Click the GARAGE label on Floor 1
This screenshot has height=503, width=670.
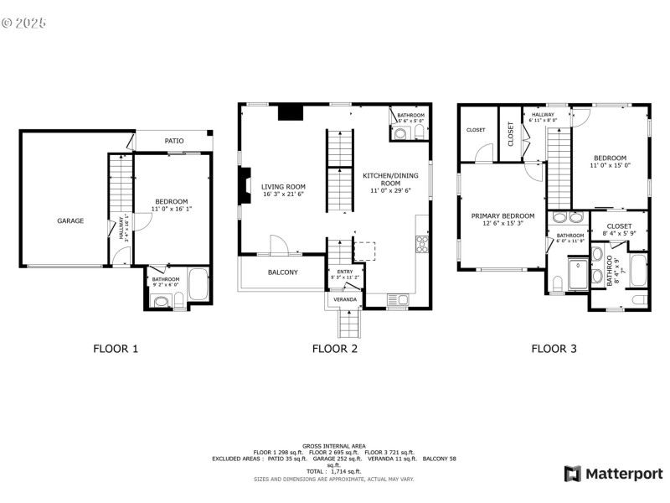tap(70, 221)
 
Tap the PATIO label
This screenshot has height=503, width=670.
tap(174, 142)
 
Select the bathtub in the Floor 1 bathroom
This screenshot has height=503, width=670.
tap(198, 285)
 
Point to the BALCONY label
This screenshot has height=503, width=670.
tap(282, 272)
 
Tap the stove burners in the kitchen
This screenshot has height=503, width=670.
tap(422, 245)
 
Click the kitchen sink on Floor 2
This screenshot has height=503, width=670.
tap(397, 298)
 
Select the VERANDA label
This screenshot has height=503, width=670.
tap(345, 299)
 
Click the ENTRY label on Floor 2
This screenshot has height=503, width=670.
tap(345, 272)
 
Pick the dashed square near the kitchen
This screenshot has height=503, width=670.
tap(365, 251)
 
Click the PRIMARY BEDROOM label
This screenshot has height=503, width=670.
tap(502, 215)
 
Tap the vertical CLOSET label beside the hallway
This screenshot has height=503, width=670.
tap(511, 135)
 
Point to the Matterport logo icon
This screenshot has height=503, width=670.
tap(573, 474)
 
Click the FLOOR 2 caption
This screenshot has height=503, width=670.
tap(335, 349)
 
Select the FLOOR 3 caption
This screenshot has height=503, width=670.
tap(554, 349)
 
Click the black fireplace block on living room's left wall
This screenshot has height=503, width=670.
tap(245, 185)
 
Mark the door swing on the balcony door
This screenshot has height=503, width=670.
tap(279, 244)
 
